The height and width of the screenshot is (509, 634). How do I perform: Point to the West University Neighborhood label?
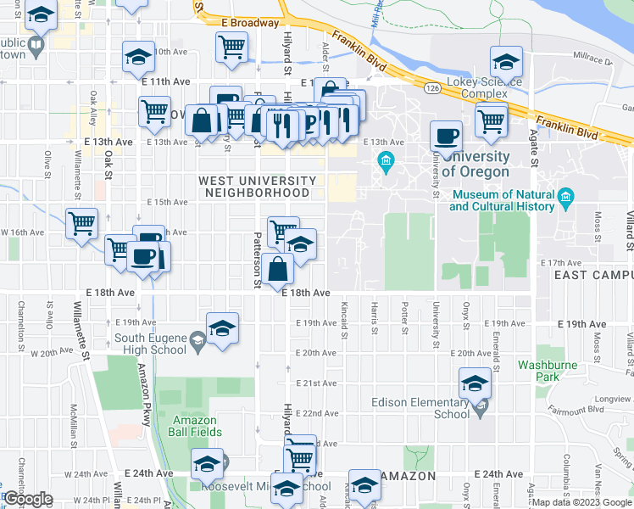258,187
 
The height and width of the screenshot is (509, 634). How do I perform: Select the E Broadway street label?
249,23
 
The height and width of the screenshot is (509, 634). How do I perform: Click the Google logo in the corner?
29,499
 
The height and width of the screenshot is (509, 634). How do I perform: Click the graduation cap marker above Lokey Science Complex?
507,61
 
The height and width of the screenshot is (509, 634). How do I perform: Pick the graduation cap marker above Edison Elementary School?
475,383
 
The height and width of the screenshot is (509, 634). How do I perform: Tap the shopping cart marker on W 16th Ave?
82,224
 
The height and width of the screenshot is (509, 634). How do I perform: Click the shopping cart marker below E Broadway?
231,47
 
